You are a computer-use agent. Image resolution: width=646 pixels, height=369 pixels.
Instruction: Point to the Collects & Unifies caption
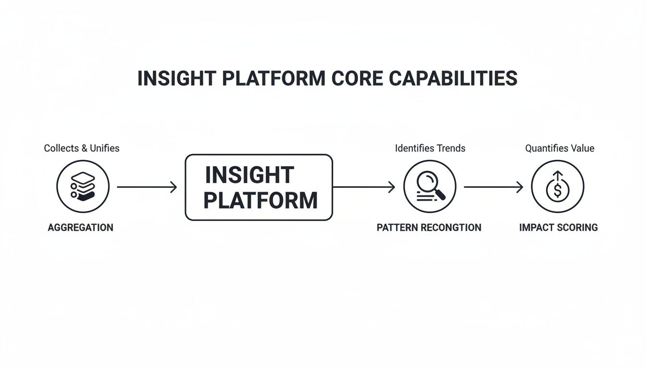[x=82, y=148]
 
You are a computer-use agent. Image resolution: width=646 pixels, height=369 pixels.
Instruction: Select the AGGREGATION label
[x=81, y=227]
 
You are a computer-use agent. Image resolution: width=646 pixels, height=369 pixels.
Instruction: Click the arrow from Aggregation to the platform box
[x=147, y=187]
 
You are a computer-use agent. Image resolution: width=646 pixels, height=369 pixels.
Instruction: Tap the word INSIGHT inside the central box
[x=249, y=175]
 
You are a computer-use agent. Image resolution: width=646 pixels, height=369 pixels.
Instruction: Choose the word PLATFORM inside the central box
[x=260, y=200]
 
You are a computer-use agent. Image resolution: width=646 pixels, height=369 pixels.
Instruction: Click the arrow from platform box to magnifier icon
[x=364, y=187]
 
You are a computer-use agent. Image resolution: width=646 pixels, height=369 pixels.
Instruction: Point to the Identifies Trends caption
[x=430, y=148]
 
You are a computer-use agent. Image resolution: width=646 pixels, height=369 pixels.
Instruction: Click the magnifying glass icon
[x=430, y=186]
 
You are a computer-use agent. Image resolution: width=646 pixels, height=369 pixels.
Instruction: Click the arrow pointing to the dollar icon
[x=493, y=187]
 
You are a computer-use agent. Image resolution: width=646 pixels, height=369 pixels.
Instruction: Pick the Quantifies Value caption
[x=559, y=148]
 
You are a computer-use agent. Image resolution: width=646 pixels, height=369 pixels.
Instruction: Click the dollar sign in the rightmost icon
[x=558, y=191]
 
